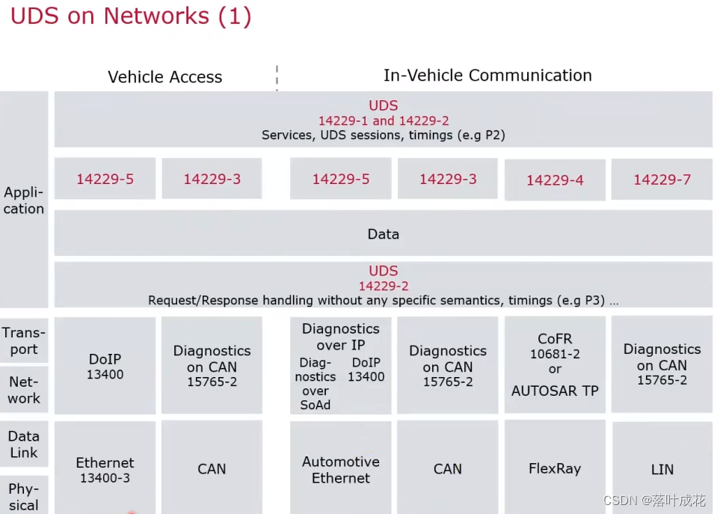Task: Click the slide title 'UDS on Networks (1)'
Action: [131, 16]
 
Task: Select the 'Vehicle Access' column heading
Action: [164, 77]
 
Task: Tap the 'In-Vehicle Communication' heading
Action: [487, 76]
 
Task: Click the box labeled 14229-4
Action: [555, 180]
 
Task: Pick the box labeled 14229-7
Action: [662, 180]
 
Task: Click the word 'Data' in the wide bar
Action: [383, 234]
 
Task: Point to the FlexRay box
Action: [555, 469]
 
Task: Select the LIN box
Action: [662, 470]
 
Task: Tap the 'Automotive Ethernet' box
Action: [341, 470]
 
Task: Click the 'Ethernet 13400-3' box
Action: [105, 470]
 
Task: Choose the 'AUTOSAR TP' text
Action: [555, 391]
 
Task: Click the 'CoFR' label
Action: [555, 339]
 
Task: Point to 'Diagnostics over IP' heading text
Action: [341, 337]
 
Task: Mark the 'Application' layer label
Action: [24, 201]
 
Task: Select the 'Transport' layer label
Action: [24, 340]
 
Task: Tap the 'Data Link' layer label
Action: [24, 444]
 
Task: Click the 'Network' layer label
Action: [24, 390]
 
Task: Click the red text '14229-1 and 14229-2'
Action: [383, 121]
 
